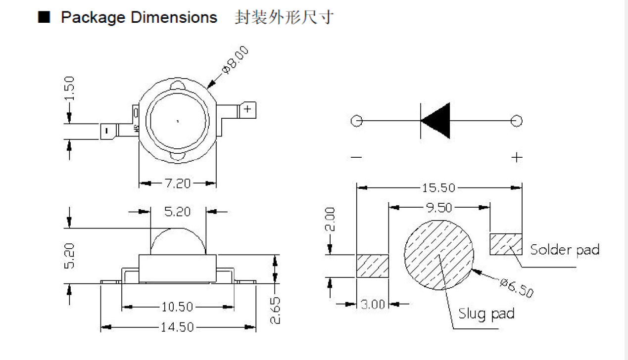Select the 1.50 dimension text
click(70, 88)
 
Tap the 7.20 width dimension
click(177, 184)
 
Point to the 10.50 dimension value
click(177, 307)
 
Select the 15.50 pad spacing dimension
click(439, 188)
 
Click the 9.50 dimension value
click(439, 207)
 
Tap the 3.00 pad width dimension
click(373, 304)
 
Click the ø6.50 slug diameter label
click(516, 288)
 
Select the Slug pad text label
click(486, 313)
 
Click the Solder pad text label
click(564, 249)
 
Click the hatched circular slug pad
click(438, 255)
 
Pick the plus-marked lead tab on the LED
click(247, 109)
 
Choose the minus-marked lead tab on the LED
click(107, 131)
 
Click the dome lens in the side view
click(177, 242)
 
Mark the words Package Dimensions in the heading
click(139, 18)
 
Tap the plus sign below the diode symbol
click(517, 157)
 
